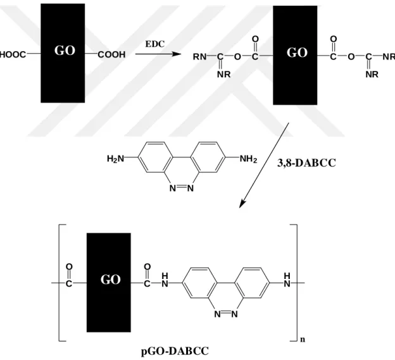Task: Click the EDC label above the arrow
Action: click(154, 44)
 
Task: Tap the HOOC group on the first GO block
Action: click(13, 54)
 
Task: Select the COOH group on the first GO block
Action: click(111, 54)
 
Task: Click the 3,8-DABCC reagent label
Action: click(306, 163)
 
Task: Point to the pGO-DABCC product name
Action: click(175, 351)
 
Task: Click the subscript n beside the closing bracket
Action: click(303, 339)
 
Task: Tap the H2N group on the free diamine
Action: click(116, 159)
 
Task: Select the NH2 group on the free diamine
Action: click(248, 159)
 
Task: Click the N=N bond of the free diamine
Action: click(182, 188)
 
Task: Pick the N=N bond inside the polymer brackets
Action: click(226, 314)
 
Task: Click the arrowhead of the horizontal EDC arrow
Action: click(177, 54)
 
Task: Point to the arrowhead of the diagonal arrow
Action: click(242, 204)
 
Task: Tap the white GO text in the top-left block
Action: click(65, 51)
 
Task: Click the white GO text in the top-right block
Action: click(297, 53)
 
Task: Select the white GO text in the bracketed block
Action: click(111, 280)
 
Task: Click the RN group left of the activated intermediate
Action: click(199, 57)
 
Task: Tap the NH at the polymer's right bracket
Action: click(287, 280)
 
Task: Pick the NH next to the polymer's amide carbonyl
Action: click(165, 280)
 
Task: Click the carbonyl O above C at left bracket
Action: click(69, 266)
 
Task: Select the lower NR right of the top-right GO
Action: click(372, 74)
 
